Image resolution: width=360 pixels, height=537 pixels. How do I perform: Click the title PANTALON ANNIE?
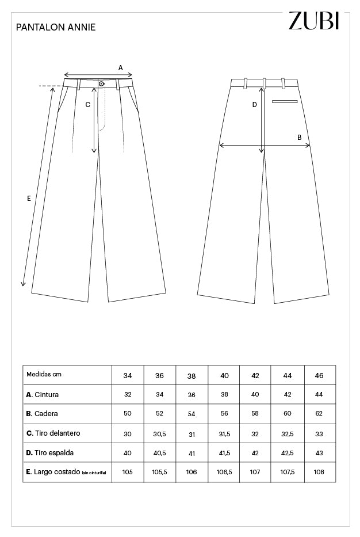pos(56,27)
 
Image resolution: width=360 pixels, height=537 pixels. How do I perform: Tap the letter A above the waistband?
pos(121,67)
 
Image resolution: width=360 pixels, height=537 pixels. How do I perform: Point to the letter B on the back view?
pos(299,137)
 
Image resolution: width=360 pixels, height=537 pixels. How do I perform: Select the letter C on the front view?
pos(87,105)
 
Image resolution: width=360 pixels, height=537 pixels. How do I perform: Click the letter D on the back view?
pos(255,105)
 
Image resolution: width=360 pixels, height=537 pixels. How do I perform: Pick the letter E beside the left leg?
pos(29,199)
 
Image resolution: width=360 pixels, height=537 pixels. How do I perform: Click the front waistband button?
pos(101,84)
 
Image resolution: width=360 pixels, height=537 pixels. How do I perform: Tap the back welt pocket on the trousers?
pos(285,101)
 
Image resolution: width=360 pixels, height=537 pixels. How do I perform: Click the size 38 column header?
pos(192,376)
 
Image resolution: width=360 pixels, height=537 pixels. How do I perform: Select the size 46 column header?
pos(320,375)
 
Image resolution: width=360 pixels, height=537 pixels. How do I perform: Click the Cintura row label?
pos(43,395)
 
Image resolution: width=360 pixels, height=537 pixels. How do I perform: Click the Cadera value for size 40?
pos(224,414)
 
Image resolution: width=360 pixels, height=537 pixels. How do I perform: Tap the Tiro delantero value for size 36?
pos(159,433)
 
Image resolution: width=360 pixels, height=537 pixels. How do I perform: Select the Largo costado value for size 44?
pos(288,472)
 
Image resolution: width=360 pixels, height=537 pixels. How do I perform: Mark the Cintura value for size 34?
pos(128,395)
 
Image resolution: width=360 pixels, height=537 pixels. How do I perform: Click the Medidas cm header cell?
pos(44,374)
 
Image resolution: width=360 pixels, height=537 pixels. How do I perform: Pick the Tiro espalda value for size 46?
pos(320,453)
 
